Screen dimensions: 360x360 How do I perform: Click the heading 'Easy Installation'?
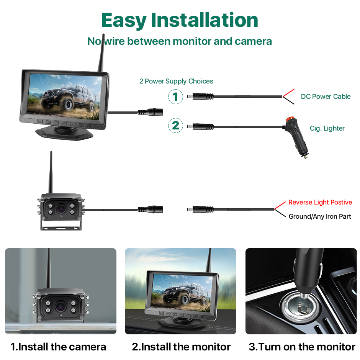pyautogui.click(x=180, y=20)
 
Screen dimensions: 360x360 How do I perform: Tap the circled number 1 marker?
pyautogui.click(x=175, y=97)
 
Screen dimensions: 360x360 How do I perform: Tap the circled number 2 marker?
pyautogui.click(x=175, y=125)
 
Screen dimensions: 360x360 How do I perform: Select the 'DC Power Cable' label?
pyautogui.click(x=326, y=97)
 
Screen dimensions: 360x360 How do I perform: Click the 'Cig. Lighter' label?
pyautogui.click(x=327, y=128)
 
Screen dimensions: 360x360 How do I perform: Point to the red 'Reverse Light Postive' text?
pyautogui.click(x=320, y=202)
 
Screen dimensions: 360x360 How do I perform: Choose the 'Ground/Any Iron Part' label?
pyautogui.click(x=320, y=216)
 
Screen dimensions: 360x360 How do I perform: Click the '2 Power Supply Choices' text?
pyautogui.click(x=176, y=81)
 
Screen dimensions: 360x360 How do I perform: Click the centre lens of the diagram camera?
pyautogui.click(x=61, y=209)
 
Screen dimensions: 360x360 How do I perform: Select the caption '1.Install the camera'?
pyautogui.click(x=58, y=347)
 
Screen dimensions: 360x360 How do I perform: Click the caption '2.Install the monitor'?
pyautogui.click(x=181, y=347)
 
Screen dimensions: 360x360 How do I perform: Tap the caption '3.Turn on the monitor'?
pyautogui.click(x=302, y=347)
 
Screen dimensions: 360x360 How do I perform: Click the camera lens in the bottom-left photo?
pyautogui.click(x=61, y=306)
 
